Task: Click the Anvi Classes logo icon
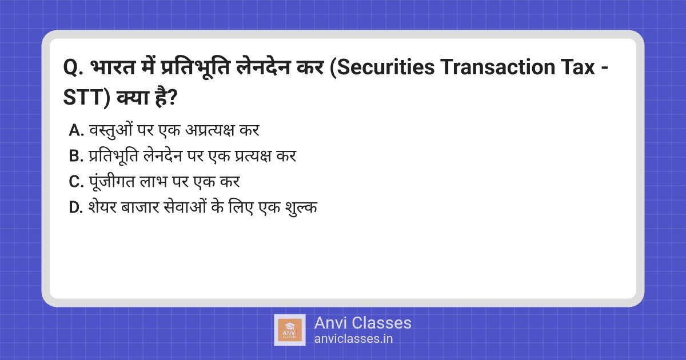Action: pos(290,330)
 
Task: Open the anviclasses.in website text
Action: pos(353,338)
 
